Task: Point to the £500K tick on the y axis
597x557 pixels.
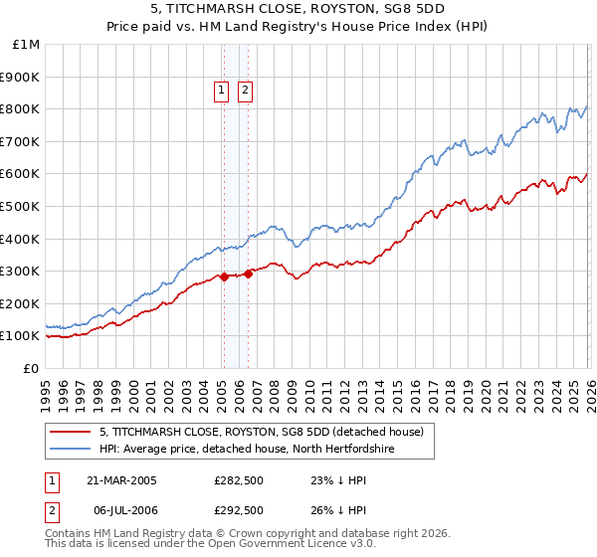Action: point(21,206)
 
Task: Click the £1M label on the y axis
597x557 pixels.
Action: point(27,45)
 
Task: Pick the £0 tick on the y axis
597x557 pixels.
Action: point(32,368)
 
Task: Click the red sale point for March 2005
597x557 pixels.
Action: point(224,277)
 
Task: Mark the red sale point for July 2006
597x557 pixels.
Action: point(247,274)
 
